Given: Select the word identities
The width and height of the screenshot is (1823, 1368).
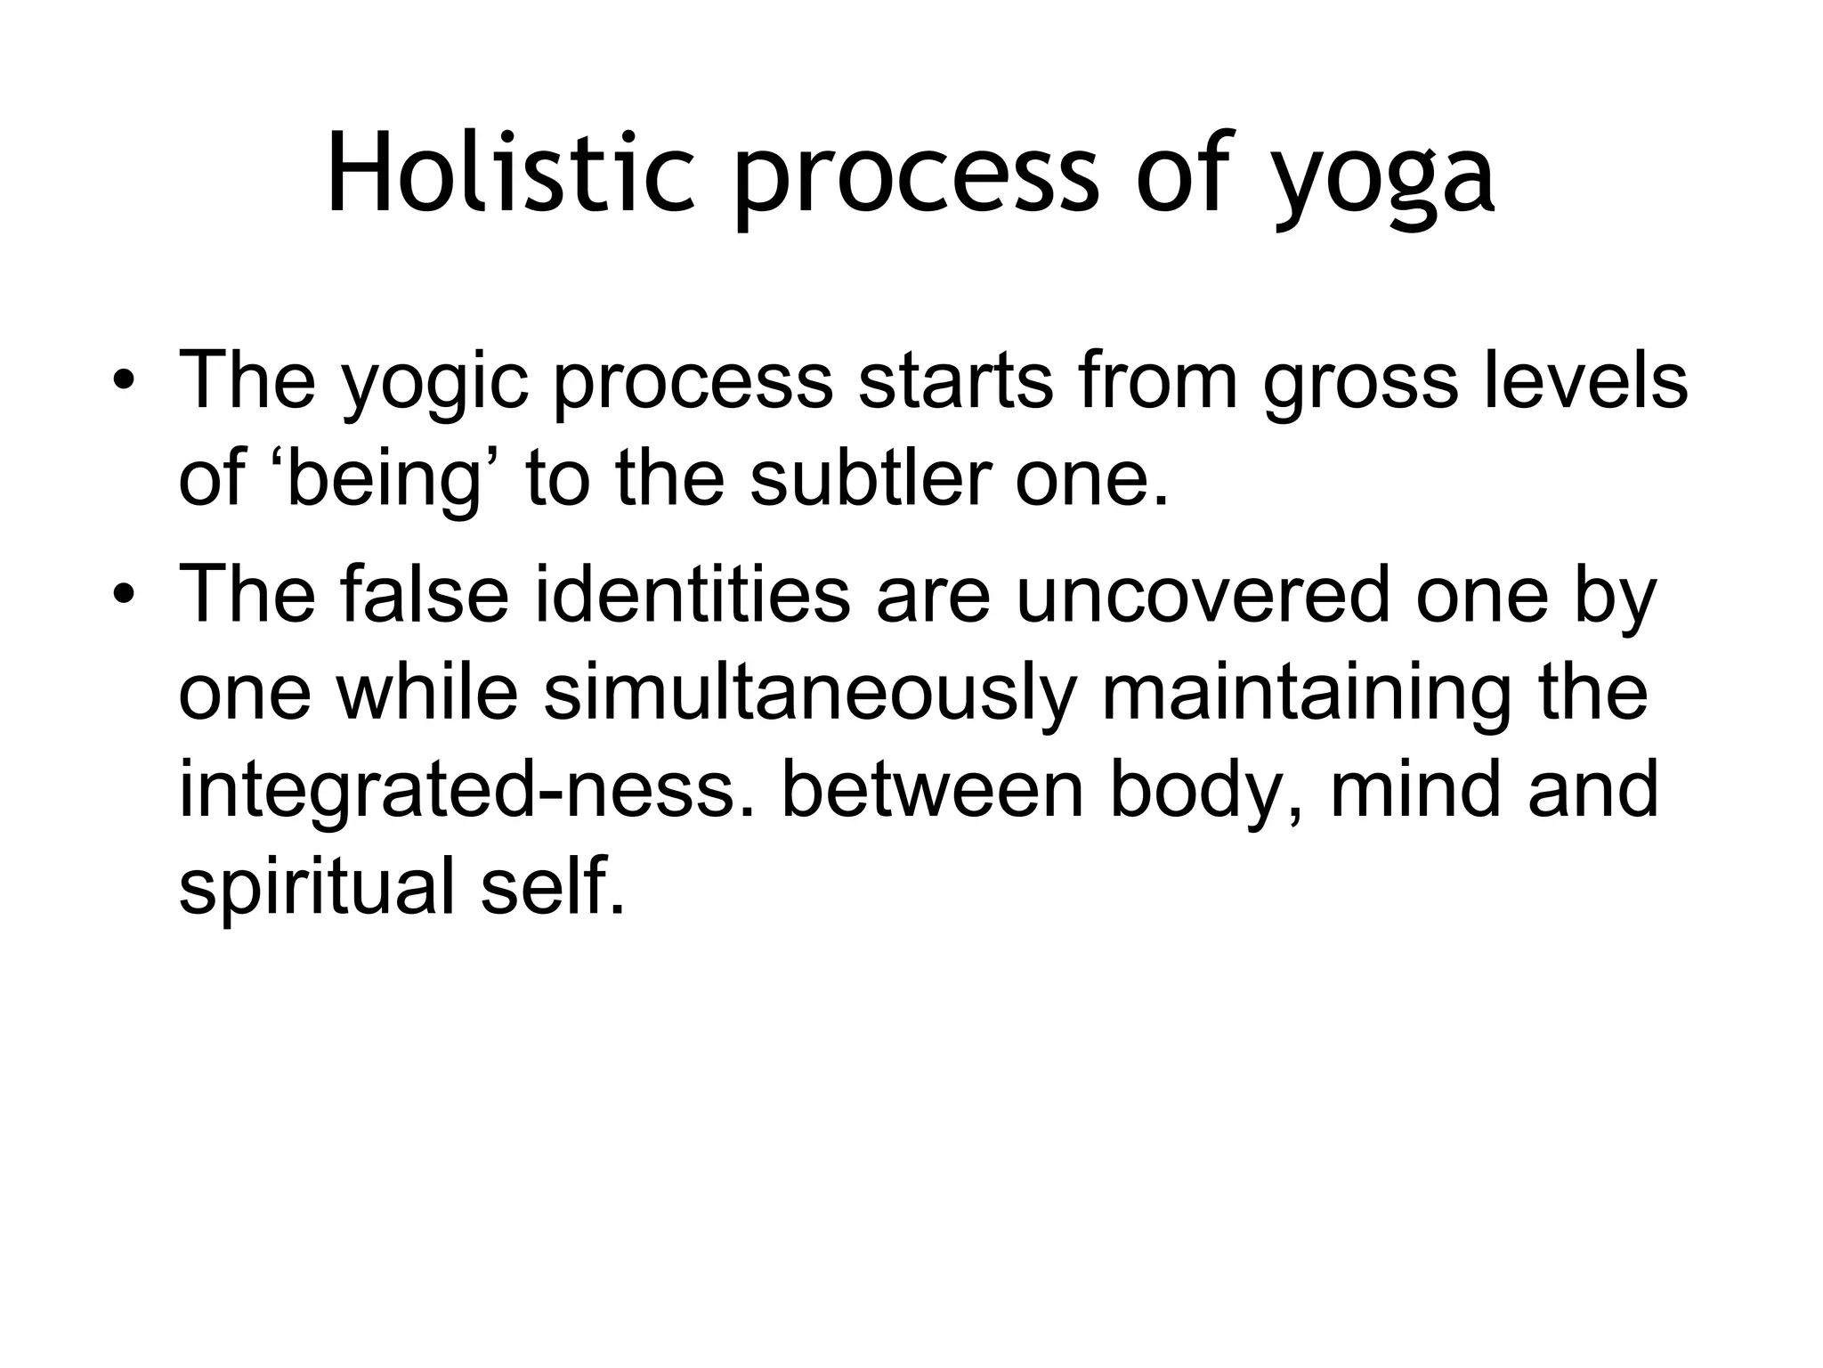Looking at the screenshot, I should point(693,595).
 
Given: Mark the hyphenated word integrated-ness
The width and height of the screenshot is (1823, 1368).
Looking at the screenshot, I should point(471,791).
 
